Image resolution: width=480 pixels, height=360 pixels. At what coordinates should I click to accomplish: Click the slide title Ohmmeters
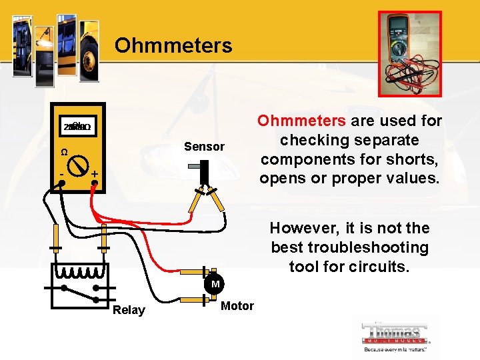[x=173, y=46]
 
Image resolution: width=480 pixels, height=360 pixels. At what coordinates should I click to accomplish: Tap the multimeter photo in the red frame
[x=409, y=54]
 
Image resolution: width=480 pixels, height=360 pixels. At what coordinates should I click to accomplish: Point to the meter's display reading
[x=77, y=127]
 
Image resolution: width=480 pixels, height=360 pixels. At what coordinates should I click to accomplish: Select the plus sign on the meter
[x=95, y=174]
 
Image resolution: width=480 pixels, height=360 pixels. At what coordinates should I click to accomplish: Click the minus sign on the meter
[x=61, y=174]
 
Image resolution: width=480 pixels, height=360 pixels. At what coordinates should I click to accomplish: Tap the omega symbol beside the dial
[x=64, y=152]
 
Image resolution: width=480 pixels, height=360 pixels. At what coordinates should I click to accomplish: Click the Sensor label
[x=205, y=146]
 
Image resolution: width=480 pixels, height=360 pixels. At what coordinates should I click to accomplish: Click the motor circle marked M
[x=215, y=285]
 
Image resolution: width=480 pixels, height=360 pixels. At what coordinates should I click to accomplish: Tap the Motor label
[x=237, y=306]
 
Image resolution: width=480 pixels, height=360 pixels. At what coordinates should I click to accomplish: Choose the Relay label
[x=129, y=310]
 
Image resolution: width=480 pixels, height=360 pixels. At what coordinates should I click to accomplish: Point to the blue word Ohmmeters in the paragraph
[x=301, y=121]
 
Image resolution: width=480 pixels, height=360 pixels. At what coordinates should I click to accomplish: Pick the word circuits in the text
[x=382, y=267]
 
